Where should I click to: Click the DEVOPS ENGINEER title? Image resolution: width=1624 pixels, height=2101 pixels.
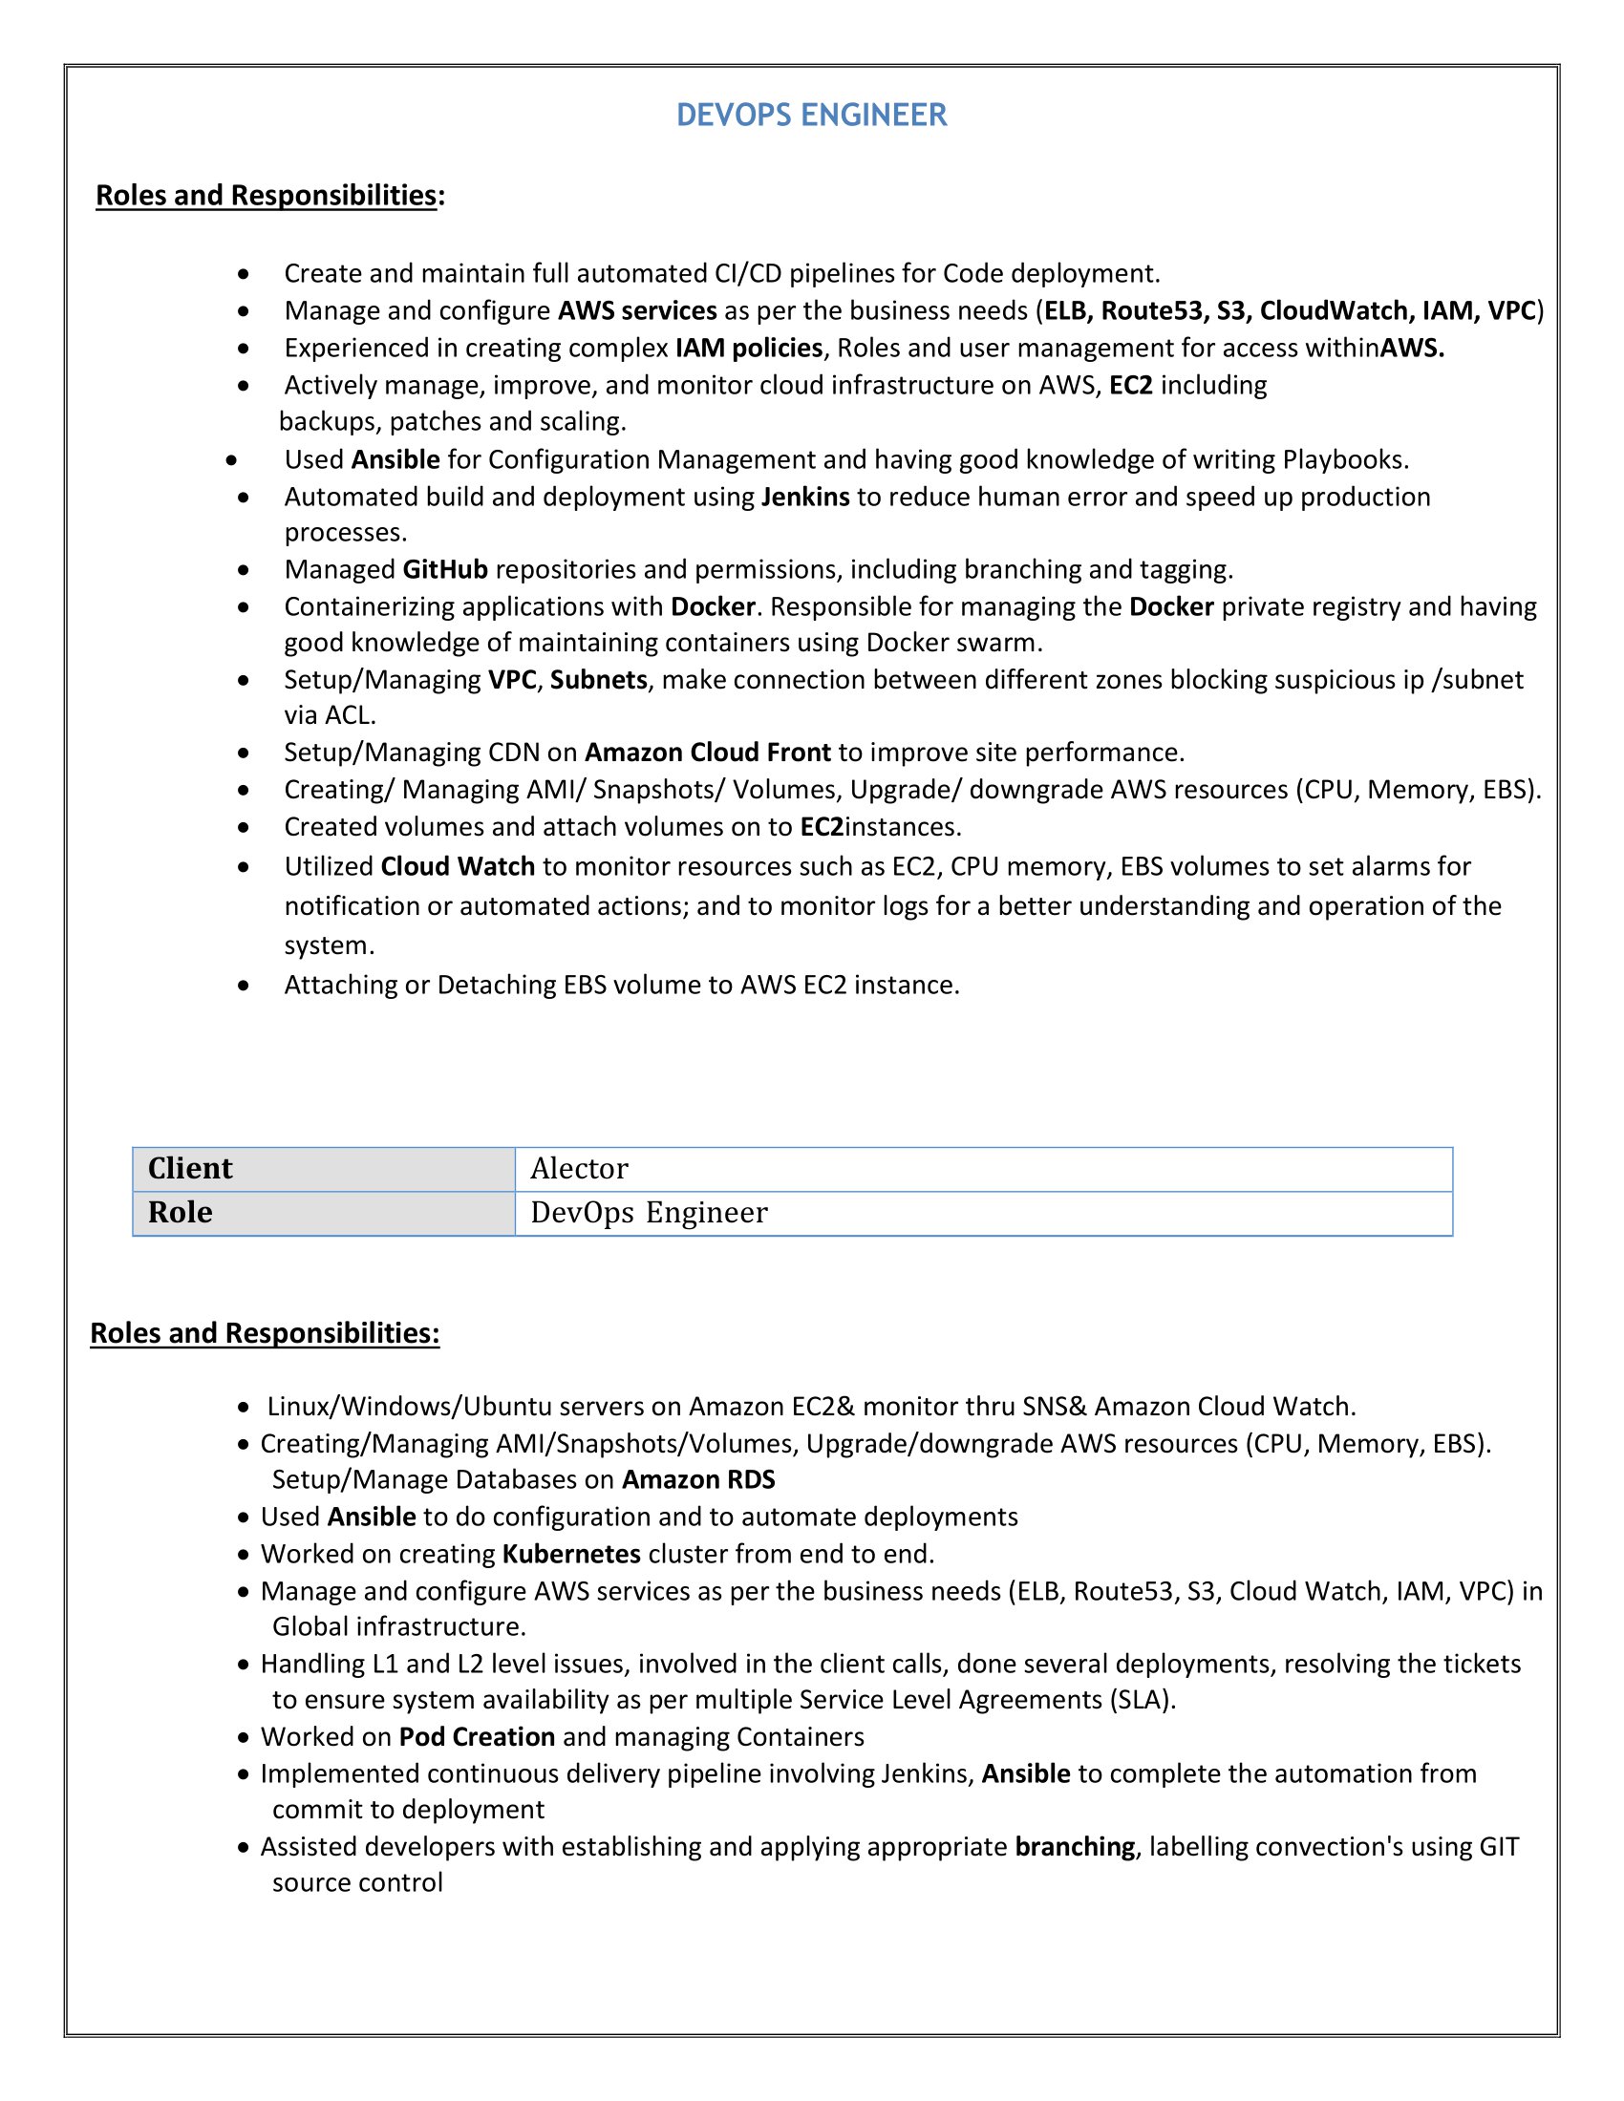tap(811, 116)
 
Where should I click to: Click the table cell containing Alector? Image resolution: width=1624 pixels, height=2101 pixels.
tap(982, 1168)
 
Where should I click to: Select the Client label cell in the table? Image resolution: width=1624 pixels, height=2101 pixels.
tap(323, 1168)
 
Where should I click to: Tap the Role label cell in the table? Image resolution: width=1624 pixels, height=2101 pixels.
tap(323, 1212)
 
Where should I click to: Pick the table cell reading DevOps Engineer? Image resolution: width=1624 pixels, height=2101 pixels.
tap(982, 1212)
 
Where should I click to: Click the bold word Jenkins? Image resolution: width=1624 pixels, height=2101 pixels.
tap(805, 497)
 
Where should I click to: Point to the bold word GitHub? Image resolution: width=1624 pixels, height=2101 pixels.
tap(444, 569)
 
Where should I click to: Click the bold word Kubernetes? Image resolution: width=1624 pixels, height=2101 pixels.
tap(571, 1554)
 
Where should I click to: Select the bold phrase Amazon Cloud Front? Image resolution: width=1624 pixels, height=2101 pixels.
tap(707, 753)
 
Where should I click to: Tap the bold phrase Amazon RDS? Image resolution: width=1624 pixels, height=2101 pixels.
tap(698, 1479)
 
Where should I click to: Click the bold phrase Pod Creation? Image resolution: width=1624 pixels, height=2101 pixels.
tap(478, 1736)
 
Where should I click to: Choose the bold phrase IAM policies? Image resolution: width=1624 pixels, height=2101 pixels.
tap(749, 348)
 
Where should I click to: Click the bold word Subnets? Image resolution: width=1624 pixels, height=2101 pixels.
tap(598, 680)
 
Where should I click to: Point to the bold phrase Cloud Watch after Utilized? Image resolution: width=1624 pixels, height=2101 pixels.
tap(458, 867)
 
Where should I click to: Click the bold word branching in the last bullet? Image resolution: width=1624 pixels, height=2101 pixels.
tap(1075, 1847)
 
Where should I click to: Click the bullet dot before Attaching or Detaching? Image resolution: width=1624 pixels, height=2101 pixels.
tap(245, 987)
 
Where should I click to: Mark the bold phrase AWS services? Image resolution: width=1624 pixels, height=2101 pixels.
tap(637, 310)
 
